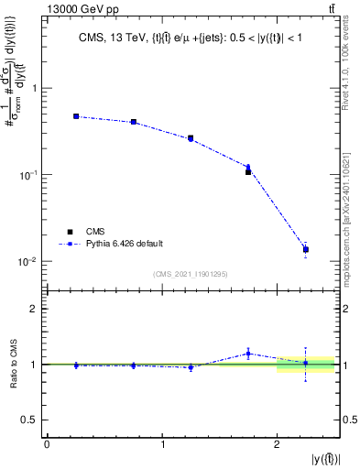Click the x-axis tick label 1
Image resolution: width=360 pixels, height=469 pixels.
pyautogui.click(x=162, y=445)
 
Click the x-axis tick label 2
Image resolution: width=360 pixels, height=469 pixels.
pyautogui.click(x=278, y=445)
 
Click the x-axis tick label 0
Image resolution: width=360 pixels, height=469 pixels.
pyautogui.click(x=47, y=445)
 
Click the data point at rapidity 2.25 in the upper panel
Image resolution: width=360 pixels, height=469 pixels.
pyautogui.click(x=306, y=249)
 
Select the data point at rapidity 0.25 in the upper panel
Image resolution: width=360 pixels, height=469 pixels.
pyautogui.click(x=76, y=116)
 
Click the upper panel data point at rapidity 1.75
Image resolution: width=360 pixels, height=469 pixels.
pyautogui.click(x=248, y=170)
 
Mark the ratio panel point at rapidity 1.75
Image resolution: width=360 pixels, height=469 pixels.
pyautogui.click(x=248, y=354)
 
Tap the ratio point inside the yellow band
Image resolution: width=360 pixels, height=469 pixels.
pyautogui.click(x=306, y=363)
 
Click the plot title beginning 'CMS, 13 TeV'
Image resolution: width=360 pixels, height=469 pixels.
pyautogui.click(x=193, y=38)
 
